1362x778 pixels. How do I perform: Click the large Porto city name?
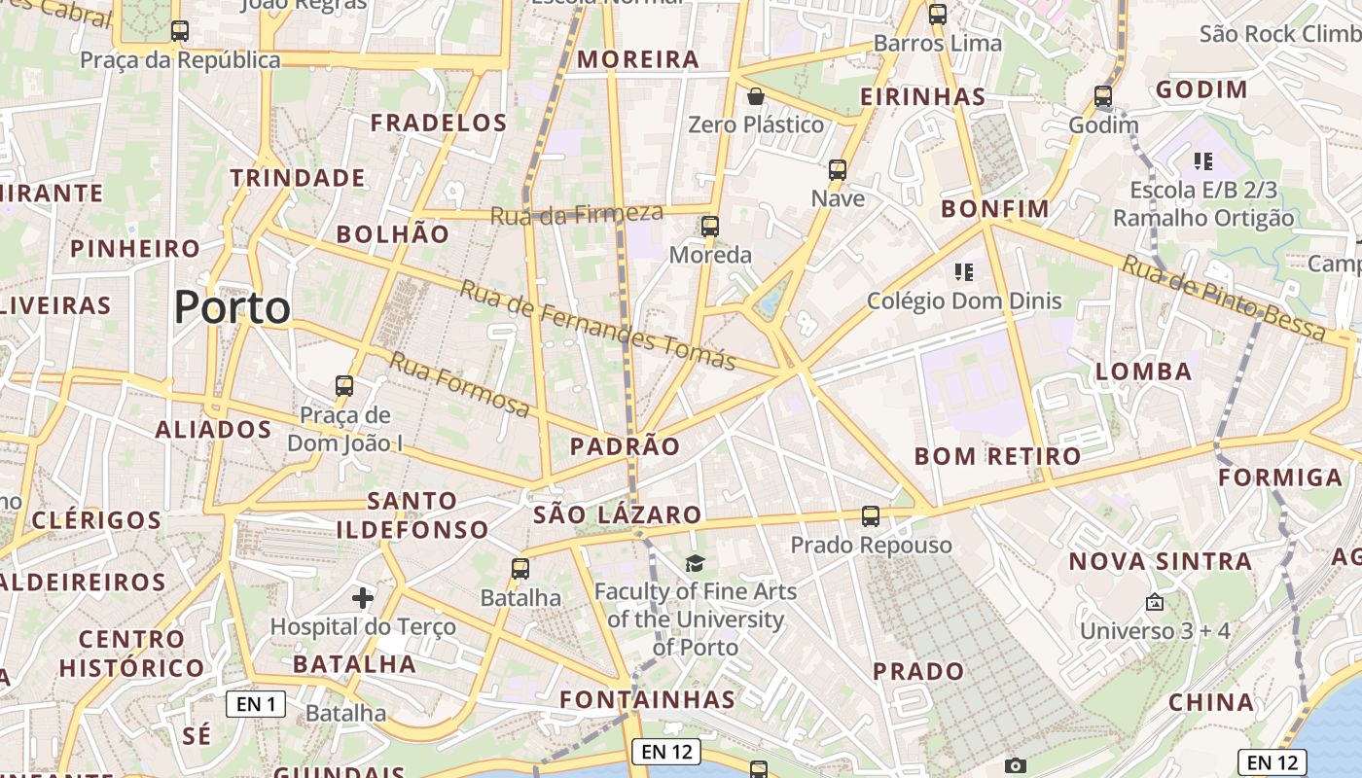click(233, 307)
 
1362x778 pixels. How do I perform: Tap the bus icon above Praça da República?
click(179, 30)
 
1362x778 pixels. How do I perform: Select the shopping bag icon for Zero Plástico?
click(755, 96)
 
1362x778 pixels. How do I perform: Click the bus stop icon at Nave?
click(838, 170)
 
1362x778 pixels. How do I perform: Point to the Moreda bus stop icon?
click(710, 227)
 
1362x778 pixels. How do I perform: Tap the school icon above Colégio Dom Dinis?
click(964, 272)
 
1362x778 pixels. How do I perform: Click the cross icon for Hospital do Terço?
click(363, 597)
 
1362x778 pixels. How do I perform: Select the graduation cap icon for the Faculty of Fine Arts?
click(695, 563)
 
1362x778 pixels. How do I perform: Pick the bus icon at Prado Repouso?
click(871, 516)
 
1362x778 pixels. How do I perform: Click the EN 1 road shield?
click(256, 703)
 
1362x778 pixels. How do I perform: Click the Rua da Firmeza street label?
click(576, 214)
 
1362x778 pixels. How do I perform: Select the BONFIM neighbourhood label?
click(995, 209)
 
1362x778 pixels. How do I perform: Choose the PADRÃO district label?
click(625, 446)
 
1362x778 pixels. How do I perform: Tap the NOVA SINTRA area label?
click(1161, 561)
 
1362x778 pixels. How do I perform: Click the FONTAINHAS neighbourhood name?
click(648, 699)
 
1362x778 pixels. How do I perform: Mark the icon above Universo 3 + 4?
click(1155, 603)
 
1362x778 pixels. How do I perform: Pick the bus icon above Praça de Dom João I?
click(344, 386)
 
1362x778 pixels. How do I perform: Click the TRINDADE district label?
click(298, 178)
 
